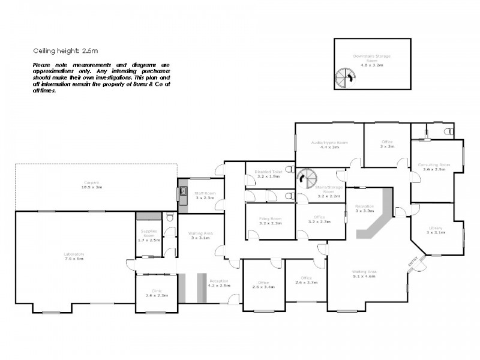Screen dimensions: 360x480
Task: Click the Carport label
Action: pyautogui.click(x=91, y=182)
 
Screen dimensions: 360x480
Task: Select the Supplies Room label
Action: pyautogui.click(x=149, y=231)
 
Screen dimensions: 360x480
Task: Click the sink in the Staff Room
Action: pyautogui.click(x=182, y=192)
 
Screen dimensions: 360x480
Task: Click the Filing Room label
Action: pyautogui.click(x=270, y=218)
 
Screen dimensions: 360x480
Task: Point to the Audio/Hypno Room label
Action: pyautogui.click(x=329, y=142)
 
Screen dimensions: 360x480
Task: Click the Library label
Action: pyautogui.click(x=436, y=227)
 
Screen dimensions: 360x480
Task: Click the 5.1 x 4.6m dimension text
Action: pyautogui.click(x=364, y=276)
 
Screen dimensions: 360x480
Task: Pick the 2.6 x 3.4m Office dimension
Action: pyautogui.click(x=264, y=286)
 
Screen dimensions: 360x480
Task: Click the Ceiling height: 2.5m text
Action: pyautogui.click(x=61, y=52)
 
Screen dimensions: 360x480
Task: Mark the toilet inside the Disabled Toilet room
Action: pyautogui.click(x=289, y=169)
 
